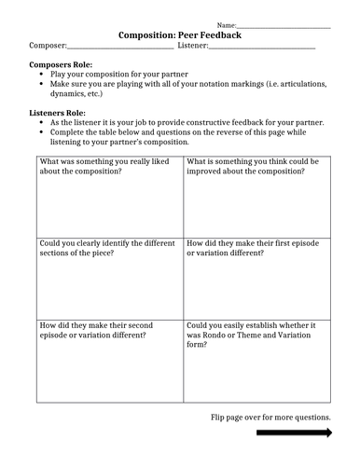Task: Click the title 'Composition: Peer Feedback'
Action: point(180,34)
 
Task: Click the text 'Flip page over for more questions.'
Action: point(270,417)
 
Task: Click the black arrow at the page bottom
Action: point(294,432)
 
